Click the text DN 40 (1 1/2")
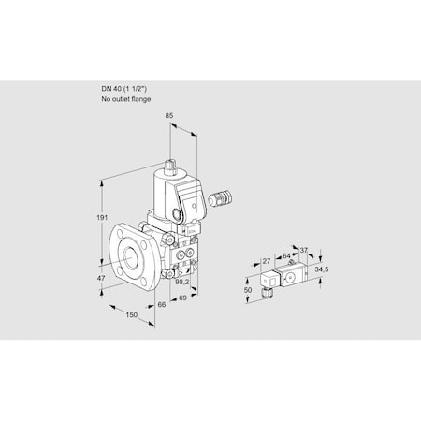coord(126,89)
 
